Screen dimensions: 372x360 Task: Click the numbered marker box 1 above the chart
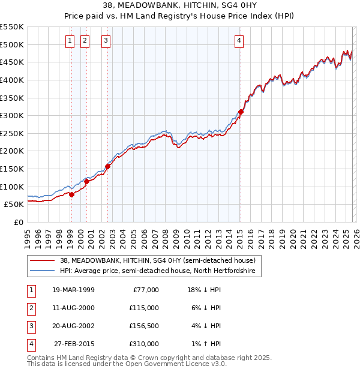[70, 41]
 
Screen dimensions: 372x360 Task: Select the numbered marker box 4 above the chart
[239, 41]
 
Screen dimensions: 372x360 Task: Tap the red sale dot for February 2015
[241, 112]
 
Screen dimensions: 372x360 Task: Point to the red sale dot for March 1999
[71, 194]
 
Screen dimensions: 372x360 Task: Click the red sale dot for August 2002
[108, 166]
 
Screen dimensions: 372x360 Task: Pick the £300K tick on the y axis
[12, 115]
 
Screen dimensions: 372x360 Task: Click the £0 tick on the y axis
[18, 222]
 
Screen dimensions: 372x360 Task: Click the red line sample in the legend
[43, 260]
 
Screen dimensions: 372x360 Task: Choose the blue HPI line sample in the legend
[43, 271]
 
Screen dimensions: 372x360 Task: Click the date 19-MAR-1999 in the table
[73, 290]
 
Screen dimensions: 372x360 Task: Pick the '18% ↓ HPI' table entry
[205, 290]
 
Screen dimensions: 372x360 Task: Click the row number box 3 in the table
[30, 326]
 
